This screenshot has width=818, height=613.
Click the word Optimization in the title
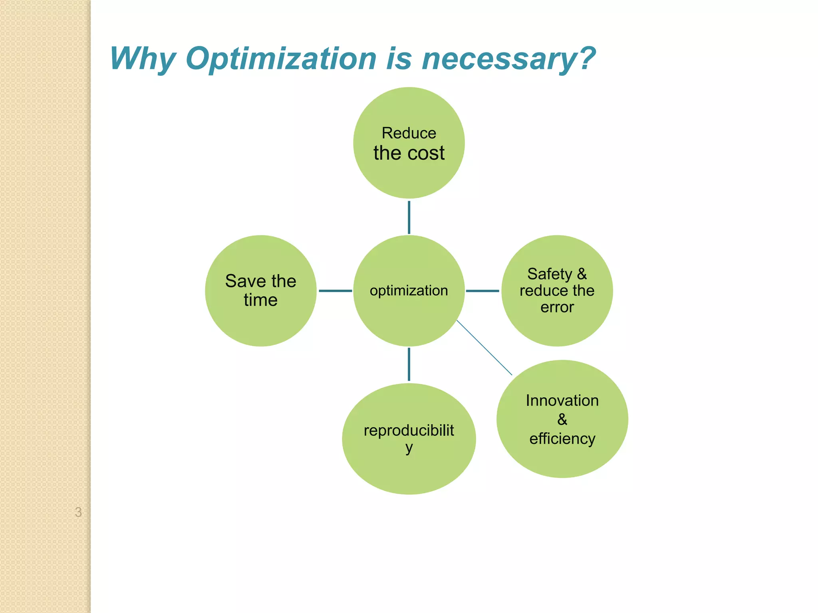(x=281, y=59)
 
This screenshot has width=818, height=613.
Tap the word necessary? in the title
(x=508, y=59)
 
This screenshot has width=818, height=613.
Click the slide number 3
(x=78, y=512)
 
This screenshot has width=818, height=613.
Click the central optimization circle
(x=409, y=315)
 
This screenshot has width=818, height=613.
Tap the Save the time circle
(x=260, y=319)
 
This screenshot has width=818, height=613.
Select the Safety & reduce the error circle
(x=557, y=327)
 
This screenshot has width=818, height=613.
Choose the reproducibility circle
(x=409, y=471)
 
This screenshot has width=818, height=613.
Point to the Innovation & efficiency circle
(x=562, y=459)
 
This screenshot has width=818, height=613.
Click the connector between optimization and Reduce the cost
(x=409, y=217)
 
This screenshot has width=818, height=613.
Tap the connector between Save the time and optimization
(x=335, y=291)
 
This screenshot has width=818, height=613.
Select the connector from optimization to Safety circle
(x=482, y=291)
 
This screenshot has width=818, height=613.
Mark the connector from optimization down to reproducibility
(x=409, y=364)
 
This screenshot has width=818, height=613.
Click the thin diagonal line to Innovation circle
(x=484, y=348)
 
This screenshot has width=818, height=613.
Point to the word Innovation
(x=562, y=400)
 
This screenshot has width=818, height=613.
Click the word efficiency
(x=562, y=439)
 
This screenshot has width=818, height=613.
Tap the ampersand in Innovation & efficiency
(x=562, y=419)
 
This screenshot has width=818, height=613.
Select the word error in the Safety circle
(x=557, y=307)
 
